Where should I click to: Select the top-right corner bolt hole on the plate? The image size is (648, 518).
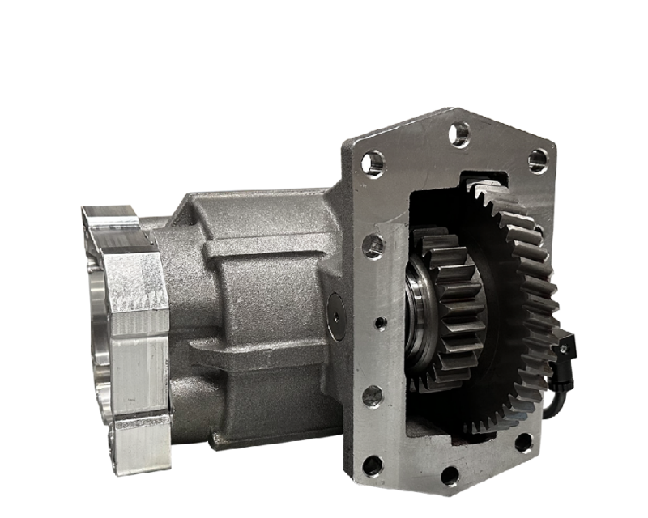538,160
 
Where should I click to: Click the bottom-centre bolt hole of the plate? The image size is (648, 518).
450,475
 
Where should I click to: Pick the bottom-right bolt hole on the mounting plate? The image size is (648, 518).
523,442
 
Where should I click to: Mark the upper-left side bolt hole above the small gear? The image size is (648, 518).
373,246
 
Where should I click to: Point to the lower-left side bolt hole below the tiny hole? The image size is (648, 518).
372,396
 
